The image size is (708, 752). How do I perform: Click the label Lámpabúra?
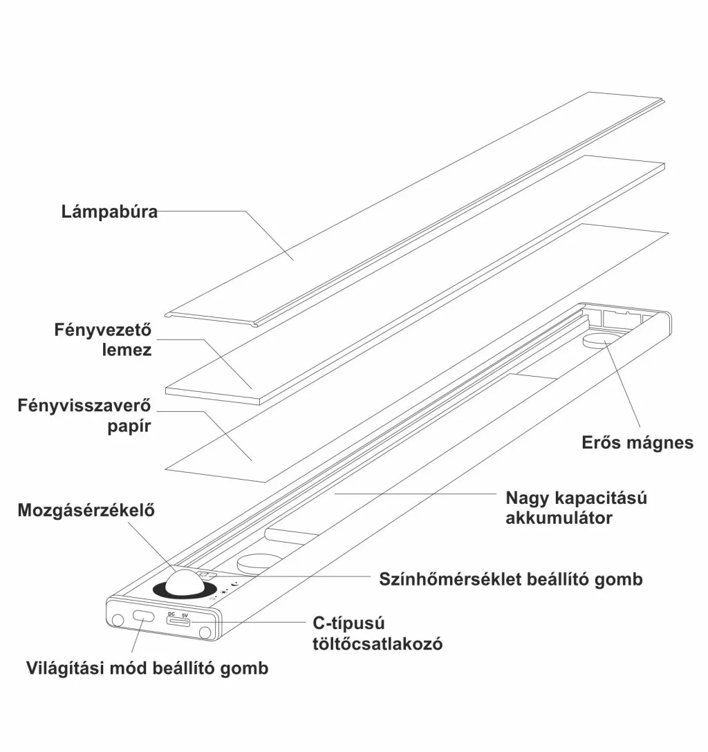(109, 211)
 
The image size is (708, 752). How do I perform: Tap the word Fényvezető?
(102, 329)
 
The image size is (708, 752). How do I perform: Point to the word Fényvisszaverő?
(84, 405)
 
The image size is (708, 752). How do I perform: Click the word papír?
(129, 426)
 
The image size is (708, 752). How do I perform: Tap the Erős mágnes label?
(637, 442)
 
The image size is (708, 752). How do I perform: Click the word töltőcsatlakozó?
(377, 644)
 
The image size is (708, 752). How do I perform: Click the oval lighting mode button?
(144, 617)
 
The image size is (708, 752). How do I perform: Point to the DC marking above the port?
(171, 614)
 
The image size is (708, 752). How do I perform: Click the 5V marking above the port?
(185, 614)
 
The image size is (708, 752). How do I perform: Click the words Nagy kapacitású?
(576, 497)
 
